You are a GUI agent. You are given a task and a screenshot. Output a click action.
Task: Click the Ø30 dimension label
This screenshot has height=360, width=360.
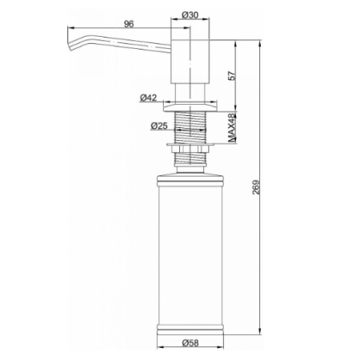190,15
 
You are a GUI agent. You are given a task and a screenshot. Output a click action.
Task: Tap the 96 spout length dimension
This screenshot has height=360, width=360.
129,24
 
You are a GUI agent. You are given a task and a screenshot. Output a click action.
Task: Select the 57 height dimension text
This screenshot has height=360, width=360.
232,76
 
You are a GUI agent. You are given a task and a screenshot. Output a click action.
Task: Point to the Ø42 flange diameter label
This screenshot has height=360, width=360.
148,98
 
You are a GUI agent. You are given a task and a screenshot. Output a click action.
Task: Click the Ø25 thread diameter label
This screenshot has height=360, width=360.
159,126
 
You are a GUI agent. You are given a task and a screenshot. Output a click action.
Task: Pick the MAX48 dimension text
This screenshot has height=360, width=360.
232,127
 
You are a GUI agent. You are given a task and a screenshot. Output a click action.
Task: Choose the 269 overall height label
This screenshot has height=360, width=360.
256,187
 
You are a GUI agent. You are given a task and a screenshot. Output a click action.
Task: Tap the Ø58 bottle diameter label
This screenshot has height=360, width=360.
190,342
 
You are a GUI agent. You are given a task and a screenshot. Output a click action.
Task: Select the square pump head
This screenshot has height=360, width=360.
190,62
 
